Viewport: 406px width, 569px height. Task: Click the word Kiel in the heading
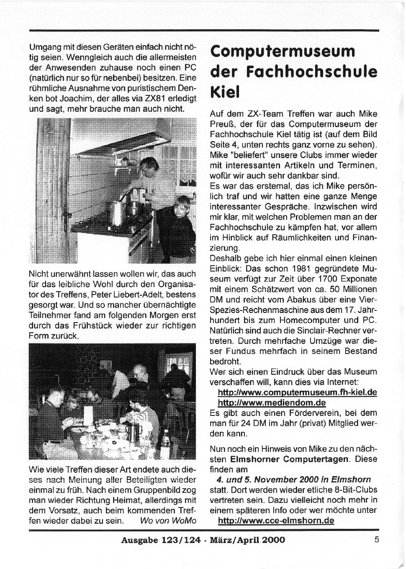coord(224,92)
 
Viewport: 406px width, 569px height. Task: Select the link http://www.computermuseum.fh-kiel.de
coord(297,392)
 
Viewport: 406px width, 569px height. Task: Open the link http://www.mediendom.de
coord(272,403)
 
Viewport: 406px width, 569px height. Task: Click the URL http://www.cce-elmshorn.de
coord(276,520)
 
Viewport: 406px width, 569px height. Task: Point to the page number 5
coord(376,539)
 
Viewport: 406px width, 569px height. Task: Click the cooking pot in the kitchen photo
coord(117,213)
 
